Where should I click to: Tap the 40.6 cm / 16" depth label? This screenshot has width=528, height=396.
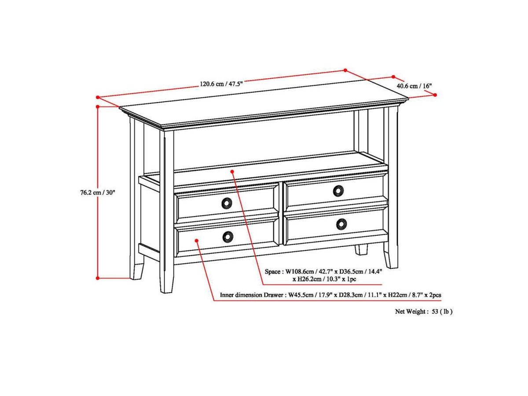point(414,86)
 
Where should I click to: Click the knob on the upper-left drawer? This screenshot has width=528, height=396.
point(227,203)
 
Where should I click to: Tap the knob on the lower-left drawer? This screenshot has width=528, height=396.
point(227,237)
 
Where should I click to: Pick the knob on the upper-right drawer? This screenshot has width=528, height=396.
point(338,191)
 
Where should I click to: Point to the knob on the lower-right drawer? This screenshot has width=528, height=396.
point(341,224)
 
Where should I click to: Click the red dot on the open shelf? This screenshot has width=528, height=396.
point(233,170)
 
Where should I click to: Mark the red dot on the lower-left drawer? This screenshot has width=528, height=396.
point(196,240)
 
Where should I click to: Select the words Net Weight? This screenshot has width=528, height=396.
point(410,312)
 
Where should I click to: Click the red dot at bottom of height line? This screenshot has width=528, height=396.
point(98,278)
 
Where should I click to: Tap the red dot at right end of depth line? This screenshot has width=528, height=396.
point(435,95)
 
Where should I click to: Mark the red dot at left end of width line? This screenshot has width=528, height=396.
point(98,97)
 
